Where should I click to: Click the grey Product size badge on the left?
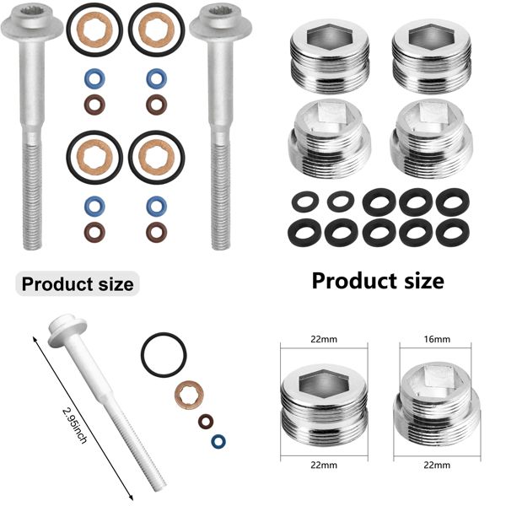[78, 284]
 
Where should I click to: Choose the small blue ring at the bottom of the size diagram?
[218, 441]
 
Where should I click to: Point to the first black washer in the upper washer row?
[301, 202]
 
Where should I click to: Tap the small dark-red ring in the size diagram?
[205, 420]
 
